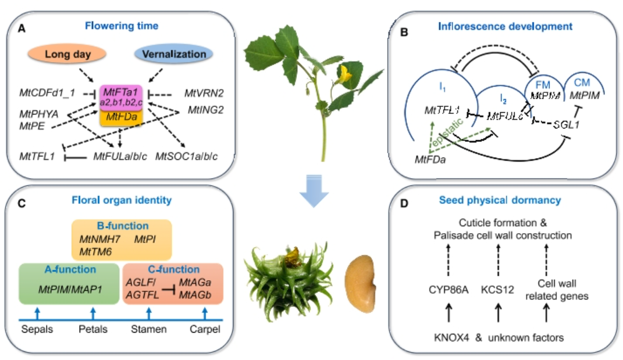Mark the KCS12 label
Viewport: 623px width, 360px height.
coord(498,288)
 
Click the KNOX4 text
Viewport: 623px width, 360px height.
coord(453,337)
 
